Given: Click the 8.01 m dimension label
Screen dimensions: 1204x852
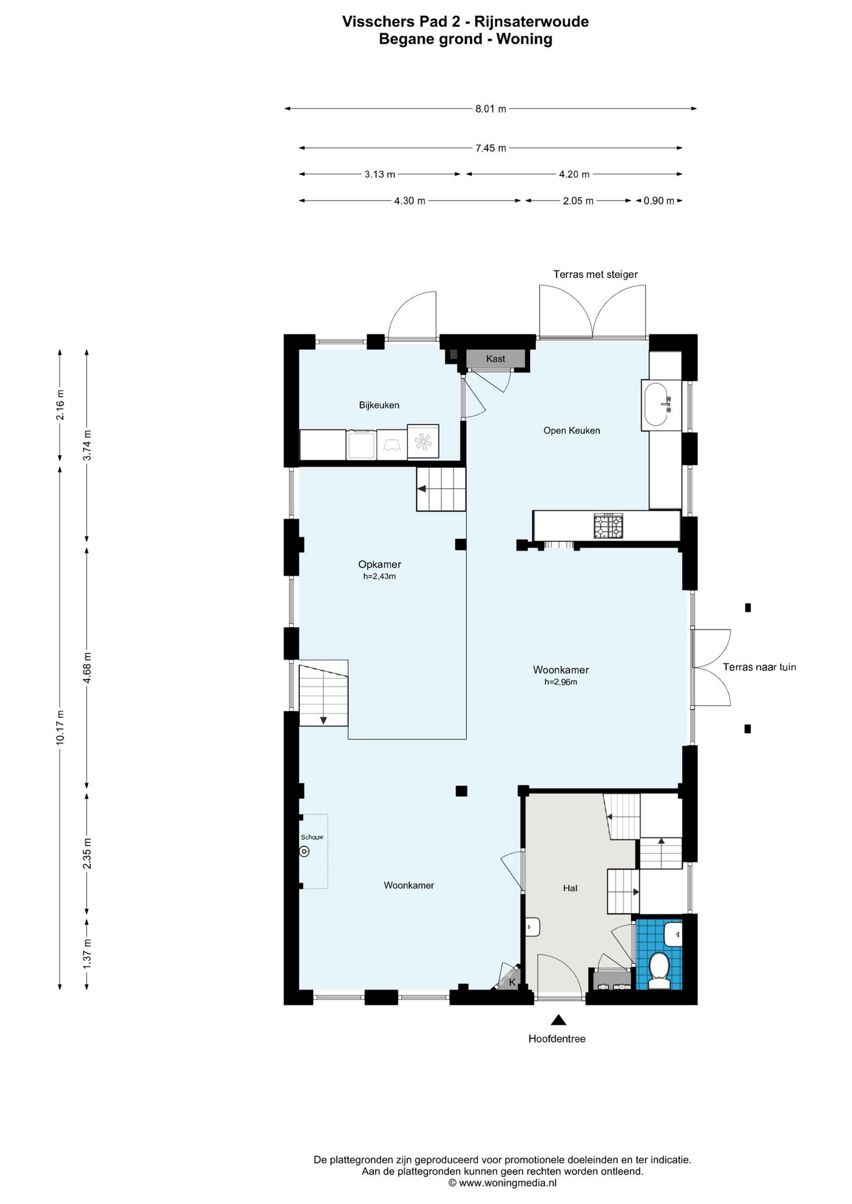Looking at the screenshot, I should pyautogui.click(x=490, y=108).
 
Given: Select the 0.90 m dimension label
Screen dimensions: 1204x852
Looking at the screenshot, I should pyautogui.click(x=659, y=201).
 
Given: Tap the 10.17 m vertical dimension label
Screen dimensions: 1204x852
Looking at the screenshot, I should pyautogui.click(x=60, y=727).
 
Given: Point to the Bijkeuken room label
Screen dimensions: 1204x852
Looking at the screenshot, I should pyautogui.click(x=379, y=405).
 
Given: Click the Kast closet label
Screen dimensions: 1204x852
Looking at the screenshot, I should pyautogui.click(x=495, y=359).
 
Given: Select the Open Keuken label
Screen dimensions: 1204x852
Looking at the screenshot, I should pyautogui.click(x=572, y=431).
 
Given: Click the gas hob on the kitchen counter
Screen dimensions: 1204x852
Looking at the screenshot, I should pyautogui.click(x=609, y=525).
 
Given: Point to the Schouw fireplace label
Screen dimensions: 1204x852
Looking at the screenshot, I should pyautogui.click(x=312, y=837).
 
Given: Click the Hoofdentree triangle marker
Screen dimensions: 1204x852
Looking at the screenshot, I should pyautogui.click(x=557, y=1020).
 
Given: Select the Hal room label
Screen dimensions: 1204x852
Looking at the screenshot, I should pyautogui.click(x=570, y=888).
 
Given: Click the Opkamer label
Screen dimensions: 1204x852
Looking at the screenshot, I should pyautogui.click(x=380, y=564).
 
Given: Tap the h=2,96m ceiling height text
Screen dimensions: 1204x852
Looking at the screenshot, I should pyautogui.click(x=560, y=682).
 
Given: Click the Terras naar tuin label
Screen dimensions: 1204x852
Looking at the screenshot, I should pyautogui.click(x=759, y=667).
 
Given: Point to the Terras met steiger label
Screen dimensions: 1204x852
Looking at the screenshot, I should pyautogui.click(x=595, y=275).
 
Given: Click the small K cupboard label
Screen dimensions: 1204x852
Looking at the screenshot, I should pyautogui.click(x=512, y=983).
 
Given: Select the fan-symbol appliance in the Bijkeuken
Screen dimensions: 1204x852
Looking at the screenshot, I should pyautogui.click(x=422, y=442).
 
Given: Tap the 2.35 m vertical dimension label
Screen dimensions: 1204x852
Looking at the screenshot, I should pyautogui.click(x=87, y=853).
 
